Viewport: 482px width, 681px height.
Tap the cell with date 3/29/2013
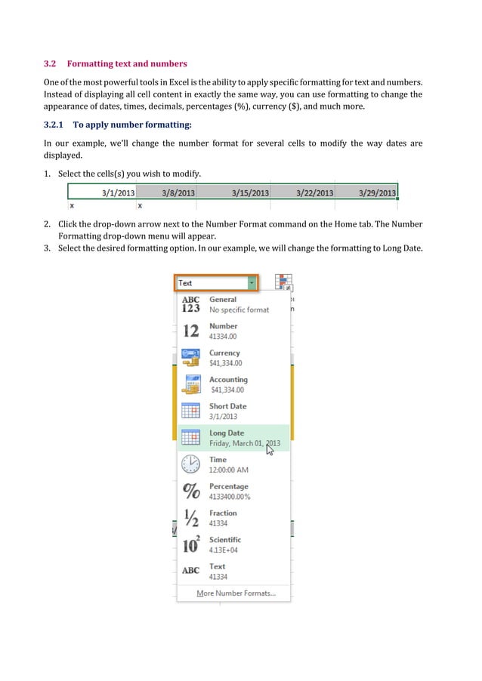coord(368,193)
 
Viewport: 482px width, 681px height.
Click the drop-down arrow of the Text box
coord(252,283)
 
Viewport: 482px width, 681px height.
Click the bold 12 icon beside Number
coord(191,331)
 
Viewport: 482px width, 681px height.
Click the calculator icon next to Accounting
coord(191,385)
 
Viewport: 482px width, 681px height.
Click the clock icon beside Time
coord(191,464)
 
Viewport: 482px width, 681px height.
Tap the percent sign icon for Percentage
coord(191,491)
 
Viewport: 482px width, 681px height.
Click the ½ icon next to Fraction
coord(191,518)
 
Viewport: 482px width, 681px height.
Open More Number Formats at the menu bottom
coord(236,593)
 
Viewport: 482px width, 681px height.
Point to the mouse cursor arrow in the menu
coord(270,448)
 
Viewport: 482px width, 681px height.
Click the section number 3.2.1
coord(54,124)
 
